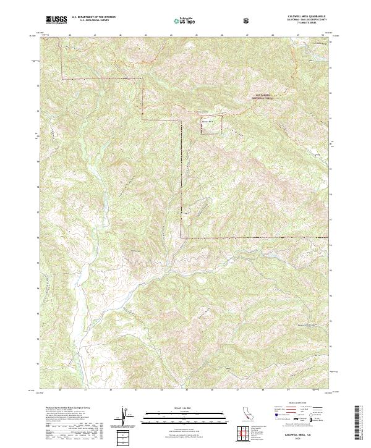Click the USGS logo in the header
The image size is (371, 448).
[x=56, y=20]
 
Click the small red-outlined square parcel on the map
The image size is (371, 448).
[x=207, y=117]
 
